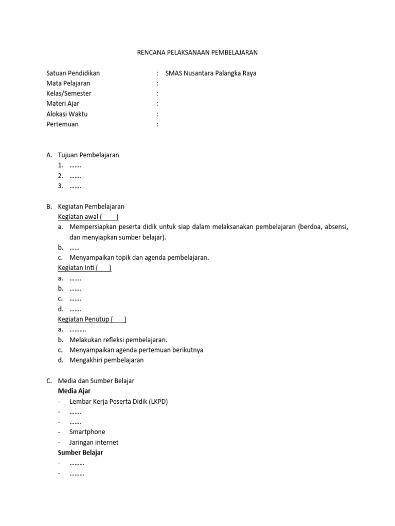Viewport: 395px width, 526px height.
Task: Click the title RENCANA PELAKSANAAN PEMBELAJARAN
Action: point(197,52)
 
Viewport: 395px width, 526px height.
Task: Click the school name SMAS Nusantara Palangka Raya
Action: point(210,73)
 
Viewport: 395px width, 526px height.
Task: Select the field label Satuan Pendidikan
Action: point(73,73)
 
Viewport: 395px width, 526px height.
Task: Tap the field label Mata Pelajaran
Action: point(68,83)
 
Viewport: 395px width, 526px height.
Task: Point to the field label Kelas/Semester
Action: point(69,93)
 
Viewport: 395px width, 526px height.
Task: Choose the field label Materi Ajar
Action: point(63,104)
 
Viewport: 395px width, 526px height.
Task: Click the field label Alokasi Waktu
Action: point(67,114)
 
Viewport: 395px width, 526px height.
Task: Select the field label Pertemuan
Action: point(63,124)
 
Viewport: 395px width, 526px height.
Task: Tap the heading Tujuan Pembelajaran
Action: point(88,155)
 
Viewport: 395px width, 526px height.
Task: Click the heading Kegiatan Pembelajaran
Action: point(91,206)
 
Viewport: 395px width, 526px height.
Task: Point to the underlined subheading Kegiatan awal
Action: point(79,217)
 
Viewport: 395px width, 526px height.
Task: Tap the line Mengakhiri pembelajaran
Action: point(106,361)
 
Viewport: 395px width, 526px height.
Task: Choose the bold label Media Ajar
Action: point(75,391)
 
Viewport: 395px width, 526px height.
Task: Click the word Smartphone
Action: point(87,433)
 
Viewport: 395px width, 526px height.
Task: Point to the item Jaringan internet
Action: point(94,443)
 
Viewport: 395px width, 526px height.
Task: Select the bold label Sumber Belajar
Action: point(81,453)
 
